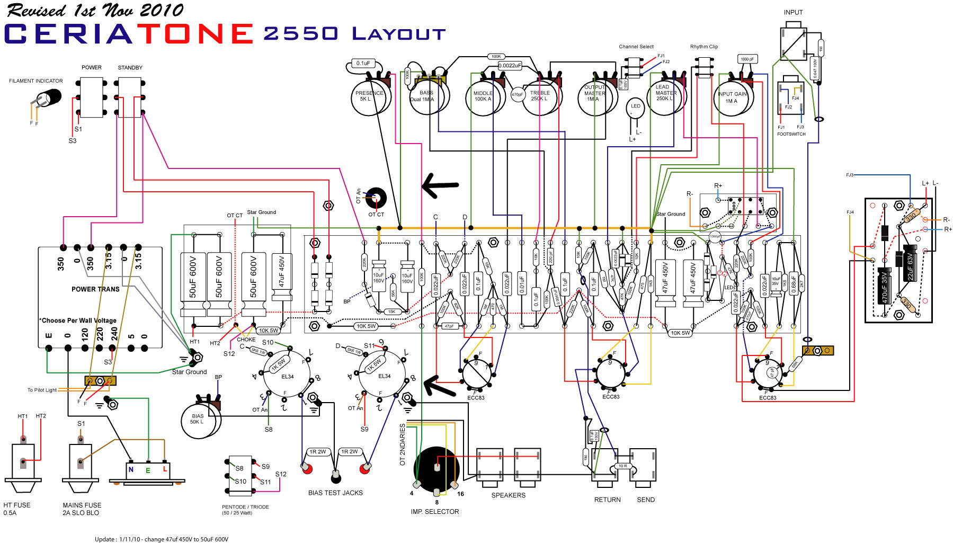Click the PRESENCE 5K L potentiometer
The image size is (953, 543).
point(369,96)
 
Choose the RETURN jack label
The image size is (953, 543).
point(607,500)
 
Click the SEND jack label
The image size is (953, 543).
point(645,500)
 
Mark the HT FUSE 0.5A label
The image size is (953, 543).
point(17,509)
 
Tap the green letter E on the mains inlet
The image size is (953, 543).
point(148,470)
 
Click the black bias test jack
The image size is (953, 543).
point(336,478)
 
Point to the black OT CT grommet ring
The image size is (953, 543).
point(377,198)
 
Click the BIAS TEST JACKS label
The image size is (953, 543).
point(335,493)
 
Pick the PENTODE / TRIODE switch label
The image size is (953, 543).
point(245,507)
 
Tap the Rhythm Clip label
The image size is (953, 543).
point(703,47)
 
